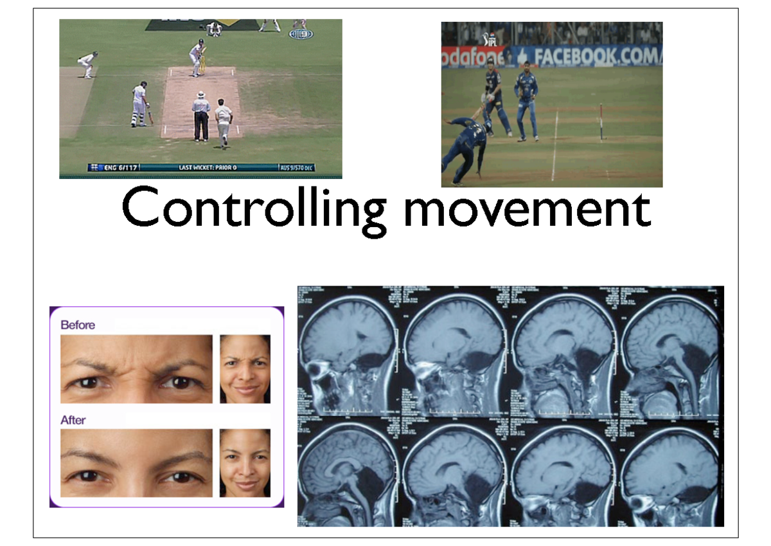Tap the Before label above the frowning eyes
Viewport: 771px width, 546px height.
point(78,325)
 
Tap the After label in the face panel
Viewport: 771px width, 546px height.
point(73,420)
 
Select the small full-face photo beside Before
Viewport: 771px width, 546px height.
point(245,369)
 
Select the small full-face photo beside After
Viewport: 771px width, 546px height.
point(245,463)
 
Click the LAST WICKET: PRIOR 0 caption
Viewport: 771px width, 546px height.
point(207,168)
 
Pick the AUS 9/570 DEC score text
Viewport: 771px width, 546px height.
point(297,168)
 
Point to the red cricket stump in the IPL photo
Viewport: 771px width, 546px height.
point(601,122)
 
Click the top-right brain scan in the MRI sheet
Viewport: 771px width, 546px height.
point(671,350)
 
